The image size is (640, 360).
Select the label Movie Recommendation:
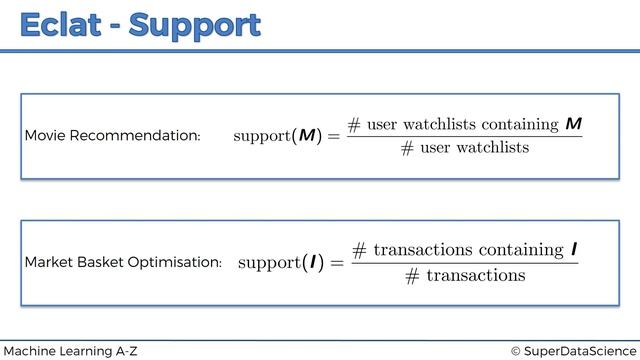click(112, 135)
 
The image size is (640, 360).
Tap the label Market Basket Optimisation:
click(123, 262)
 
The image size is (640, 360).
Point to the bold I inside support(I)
click(313, 262)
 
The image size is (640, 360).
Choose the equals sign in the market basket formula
click(336, 263)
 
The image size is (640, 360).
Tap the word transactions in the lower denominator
click(475, 275)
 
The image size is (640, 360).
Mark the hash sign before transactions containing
click(360, 249)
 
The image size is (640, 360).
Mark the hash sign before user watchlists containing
click(354, 124)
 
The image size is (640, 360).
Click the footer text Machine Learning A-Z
click(71, 351)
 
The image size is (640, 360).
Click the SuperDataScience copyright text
click(571, 351)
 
